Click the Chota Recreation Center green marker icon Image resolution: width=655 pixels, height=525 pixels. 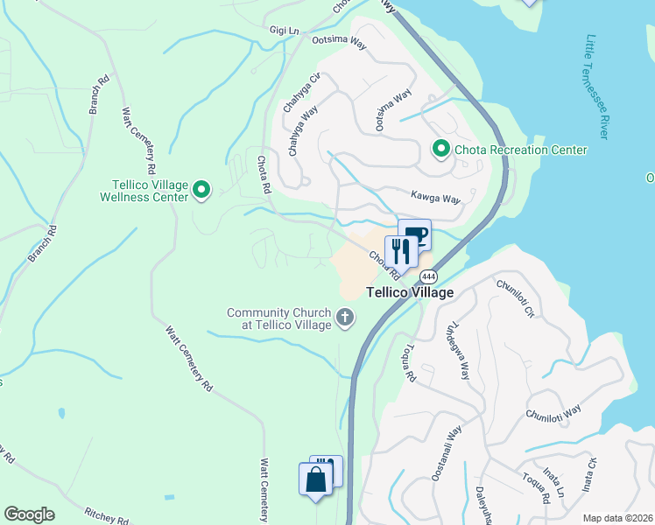pos(440,150)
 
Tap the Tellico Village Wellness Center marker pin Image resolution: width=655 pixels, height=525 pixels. pos(201,190)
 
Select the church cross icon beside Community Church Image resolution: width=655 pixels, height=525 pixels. pos(345,318)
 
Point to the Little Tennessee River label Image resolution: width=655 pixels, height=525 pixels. pos(597,87)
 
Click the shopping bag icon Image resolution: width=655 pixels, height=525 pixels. pos(315,480)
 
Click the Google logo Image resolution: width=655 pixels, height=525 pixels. pos(29,514)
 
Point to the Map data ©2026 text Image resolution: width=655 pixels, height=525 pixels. pos(616,518)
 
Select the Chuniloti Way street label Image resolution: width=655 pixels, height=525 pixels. pos(553,412)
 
